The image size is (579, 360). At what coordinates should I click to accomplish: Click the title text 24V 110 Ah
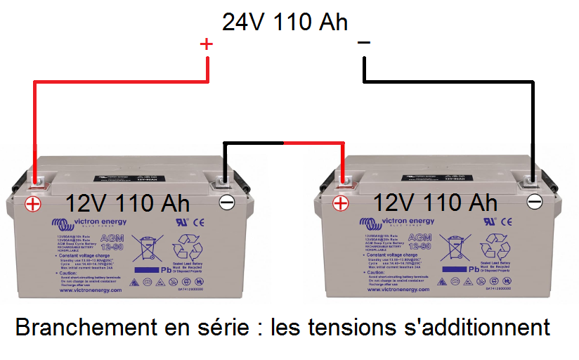tap(285, 22)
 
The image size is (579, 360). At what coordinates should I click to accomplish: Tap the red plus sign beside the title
tap(206, 44)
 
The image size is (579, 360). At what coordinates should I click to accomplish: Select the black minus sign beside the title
tap(363, 44)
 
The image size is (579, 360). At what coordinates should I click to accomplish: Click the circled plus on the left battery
tap(33, 204)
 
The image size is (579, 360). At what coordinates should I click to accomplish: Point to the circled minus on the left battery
tap(227, 203)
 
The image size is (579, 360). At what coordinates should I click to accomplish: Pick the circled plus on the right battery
tap(340, 204)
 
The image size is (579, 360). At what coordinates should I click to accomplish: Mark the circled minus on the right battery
tap(535, 202)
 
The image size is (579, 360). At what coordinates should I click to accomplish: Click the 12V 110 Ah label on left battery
tap(127, 203)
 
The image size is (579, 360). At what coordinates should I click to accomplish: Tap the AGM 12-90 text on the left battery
tap(113, 243)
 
